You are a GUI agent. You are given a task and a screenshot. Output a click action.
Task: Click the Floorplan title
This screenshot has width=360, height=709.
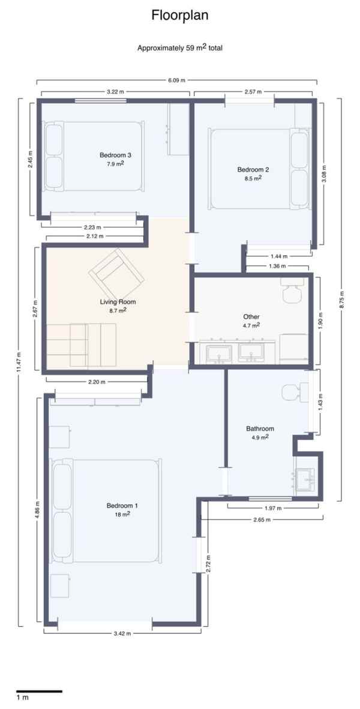click(180, 16)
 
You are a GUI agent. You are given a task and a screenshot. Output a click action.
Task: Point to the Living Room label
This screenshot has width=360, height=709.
click(118, 301)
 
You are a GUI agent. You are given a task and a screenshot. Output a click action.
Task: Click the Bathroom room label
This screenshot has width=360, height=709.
click(260, 429)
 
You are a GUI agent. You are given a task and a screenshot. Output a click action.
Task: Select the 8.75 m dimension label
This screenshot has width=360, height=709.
click(341, 300)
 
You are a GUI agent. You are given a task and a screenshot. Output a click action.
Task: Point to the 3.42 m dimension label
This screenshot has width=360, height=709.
click(122, 633)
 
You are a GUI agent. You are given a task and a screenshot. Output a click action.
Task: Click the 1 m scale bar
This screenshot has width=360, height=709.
click(39, 691)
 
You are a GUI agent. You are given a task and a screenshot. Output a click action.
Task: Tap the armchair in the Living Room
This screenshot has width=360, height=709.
click(116, 273)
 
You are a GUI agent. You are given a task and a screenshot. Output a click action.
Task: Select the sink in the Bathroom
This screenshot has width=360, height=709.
click(305, 478)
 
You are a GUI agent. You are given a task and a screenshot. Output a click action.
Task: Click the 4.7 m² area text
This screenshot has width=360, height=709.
click(251, 325)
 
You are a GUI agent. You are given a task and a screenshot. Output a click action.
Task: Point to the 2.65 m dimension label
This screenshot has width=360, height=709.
click(262, 519)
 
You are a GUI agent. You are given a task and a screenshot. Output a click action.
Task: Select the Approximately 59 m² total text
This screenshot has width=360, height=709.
click(180, 48)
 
